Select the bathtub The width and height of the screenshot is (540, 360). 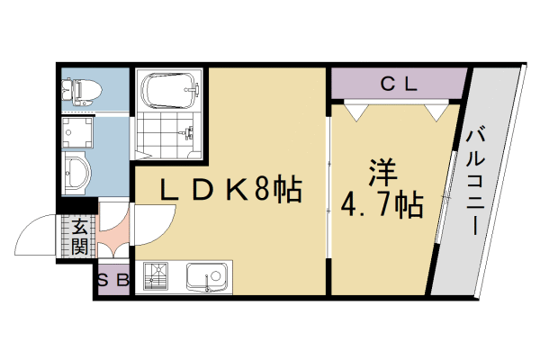pyautogui.click(x=168, y=91)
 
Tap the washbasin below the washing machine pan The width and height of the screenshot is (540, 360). pyautogui.click(x=77, y=171)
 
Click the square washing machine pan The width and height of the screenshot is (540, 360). pyautogui.click(x=77, y=132)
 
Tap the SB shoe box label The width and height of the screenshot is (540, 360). pyautogui.click(x=113, y=280)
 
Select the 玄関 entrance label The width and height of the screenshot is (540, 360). pyautogui.click(x=80, y=236)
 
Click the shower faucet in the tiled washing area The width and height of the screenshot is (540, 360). pyautogui.click(x=188, y=135)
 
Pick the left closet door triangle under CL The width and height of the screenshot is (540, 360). pyautogui.click(x=355, y=111)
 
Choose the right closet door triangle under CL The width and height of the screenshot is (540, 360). pyautogui.click(x=436, y=111)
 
